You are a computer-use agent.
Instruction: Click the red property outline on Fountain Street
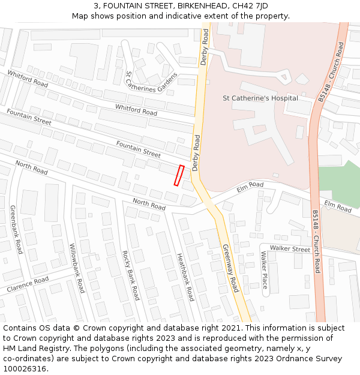pyautogui.click(x=178, y=175)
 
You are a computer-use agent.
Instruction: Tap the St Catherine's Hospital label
pyautogui.click(x=260, y=98)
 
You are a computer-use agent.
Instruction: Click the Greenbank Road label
pyautogui.click(x=16, y=229)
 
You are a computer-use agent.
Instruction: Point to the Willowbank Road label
pyautogui.click(x=77, y=268)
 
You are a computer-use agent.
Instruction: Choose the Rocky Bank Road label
pyautogui.click(x=130, y=275)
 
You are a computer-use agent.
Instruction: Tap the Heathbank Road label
pyautogui.click(x=185, y=277)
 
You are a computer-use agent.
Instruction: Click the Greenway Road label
pyautogui.click(x=230, y=268)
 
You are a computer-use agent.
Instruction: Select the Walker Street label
pyautogui.click(x=290, y=248)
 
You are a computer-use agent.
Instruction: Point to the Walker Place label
pyautogui.click(x=264, y=269)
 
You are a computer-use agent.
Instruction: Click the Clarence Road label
pyautogui.click(x=28, y=285)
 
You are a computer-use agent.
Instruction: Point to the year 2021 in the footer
pyautogui.click(x=229, y=328)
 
